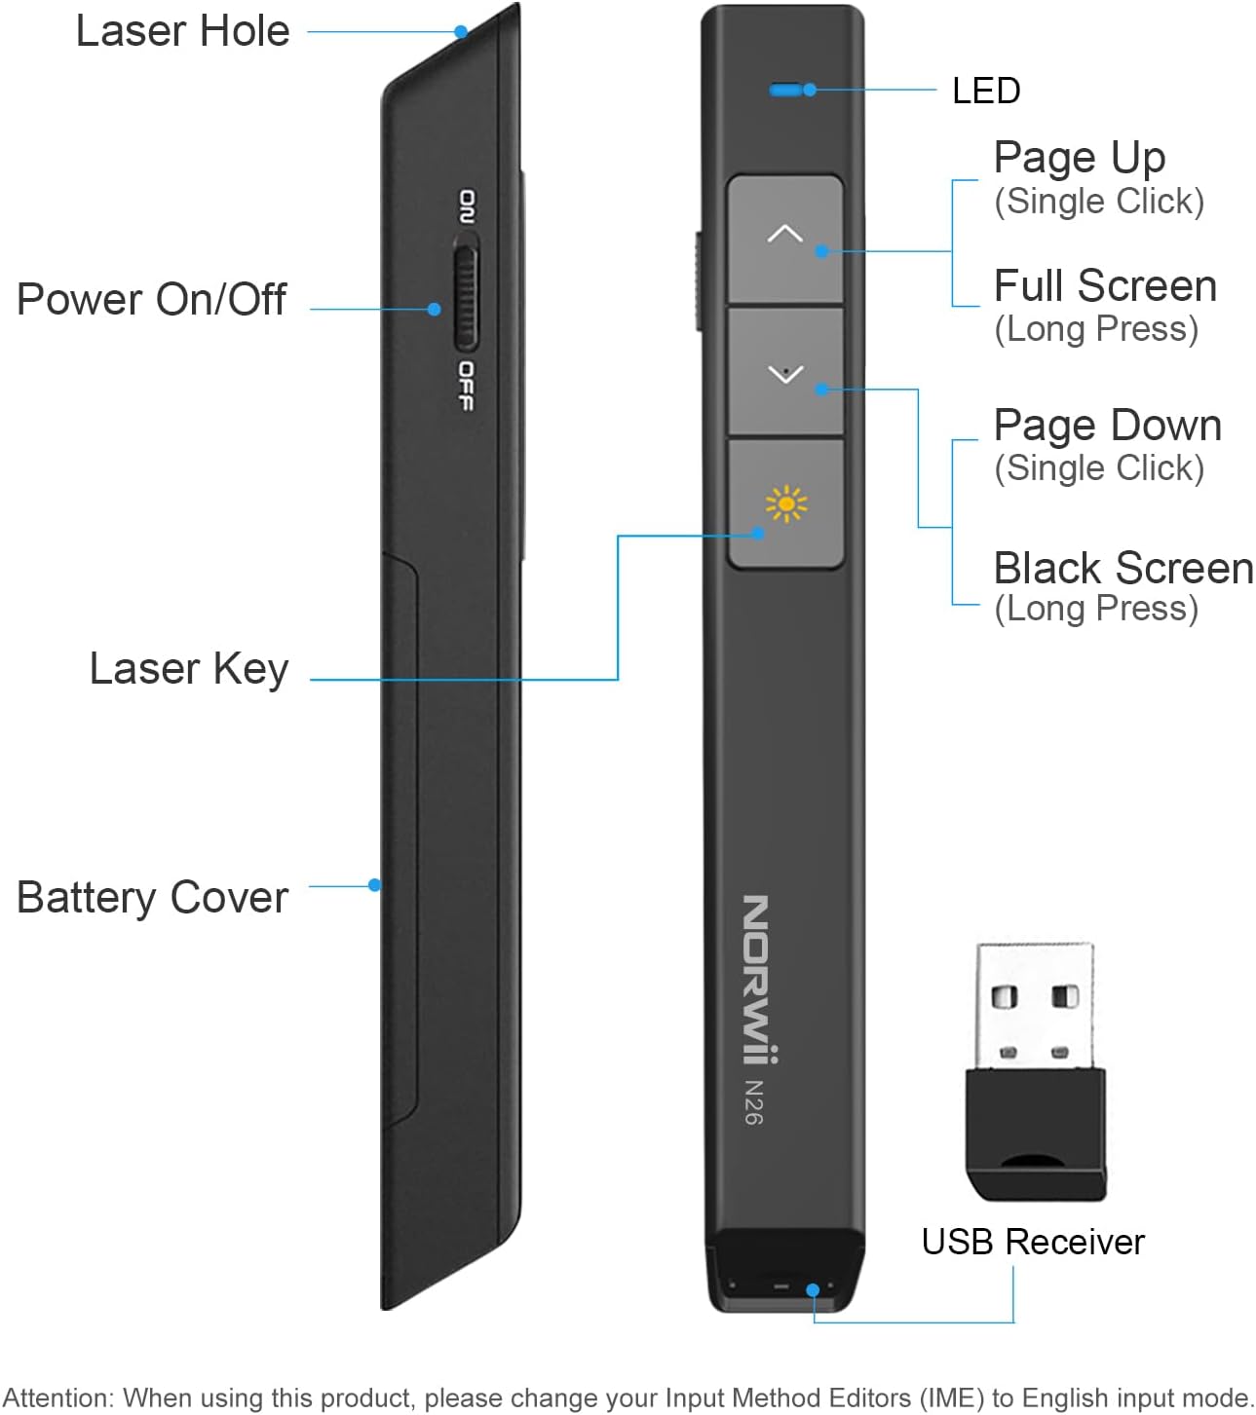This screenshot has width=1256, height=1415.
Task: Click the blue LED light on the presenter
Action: (x=784, y=91)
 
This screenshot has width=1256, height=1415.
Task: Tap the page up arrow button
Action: (x=785, y=239)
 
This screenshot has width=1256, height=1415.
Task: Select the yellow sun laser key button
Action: (x=785, y=503)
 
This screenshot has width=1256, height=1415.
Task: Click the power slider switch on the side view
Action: (x=466, y=299)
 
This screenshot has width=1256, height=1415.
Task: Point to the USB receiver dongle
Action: (x=1036, y=1070)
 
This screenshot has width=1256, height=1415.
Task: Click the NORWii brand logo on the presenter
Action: (x=759, y=979)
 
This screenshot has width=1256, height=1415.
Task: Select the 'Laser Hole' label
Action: (x=182, y=31)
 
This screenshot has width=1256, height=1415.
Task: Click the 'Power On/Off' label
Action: (x=151, y=299)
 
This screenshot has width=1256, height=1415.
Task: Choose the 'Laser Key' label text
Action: (x=188, y=669)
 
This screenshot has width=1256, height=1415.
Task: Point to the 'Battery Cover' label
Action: (x=152, y=898)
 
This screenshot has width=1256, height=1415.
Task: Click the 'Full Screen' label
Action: (x=1105, y=286)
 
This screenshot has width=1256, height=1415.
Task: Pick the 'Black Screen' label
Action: (x=1123, y=568)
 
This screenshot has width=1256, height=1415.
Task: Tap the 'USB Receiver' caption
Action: (x=1033, y=1242)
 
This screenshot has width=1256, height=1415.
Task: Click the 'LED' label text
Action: (x=986, y=91)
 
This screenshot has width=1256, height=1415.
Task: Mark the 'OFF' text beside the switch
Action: (x=467, y=386)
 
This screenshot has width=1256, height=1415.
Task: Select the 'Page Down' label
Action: (x=1107, y=426)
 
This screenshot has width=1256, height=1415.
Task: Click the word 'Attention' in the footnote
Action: (x=57, y=1397)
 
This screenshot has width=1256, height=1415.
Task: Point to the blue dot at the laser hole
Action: (x=461, y=32)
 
